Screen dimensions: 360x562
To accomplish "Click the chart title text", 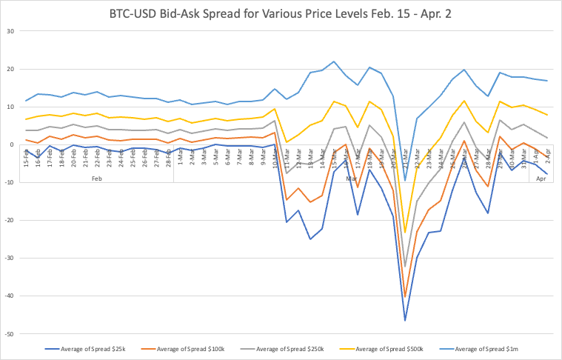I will point(281,13).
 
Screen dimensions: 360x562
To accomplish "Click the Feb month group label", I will point(97,178).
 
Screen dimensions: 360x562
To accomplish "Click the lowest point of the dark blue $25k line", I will point(405,320).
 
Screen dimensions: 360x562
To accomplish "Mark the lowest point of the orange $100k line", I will point(405,297).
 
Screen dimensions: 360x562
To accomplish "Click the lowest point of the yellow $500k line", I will point(405,233).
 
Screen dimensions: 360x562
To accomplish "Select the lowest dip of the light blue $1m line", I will point(405,180).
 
